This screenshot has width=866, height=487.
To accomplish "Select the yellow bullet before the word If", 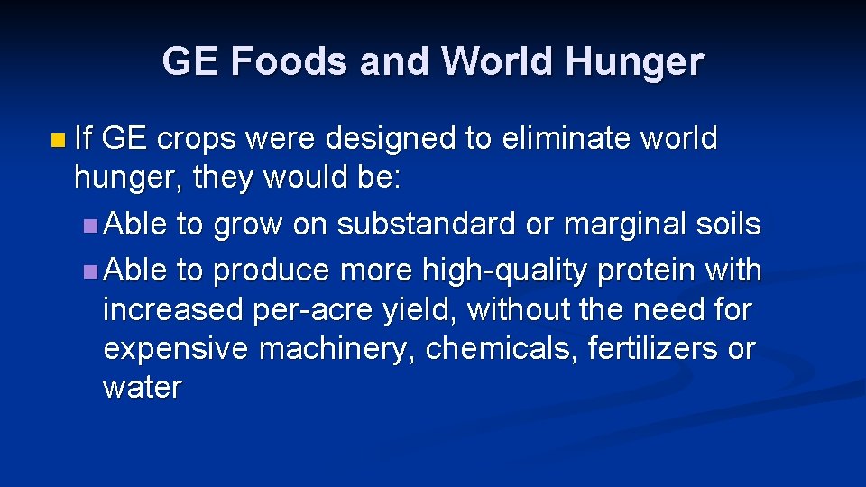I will pyautogui.click(x=59, y=141).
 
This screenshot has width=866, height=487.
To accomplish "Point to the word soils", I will pyautogui.click(x=729, y=224).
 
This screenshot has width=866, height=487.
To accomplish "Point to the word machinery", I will pyautogui.click(x=336, y=349).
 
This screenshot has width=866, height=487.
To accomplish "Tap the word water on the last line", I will pyautogui.click(x=143, y=388).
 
